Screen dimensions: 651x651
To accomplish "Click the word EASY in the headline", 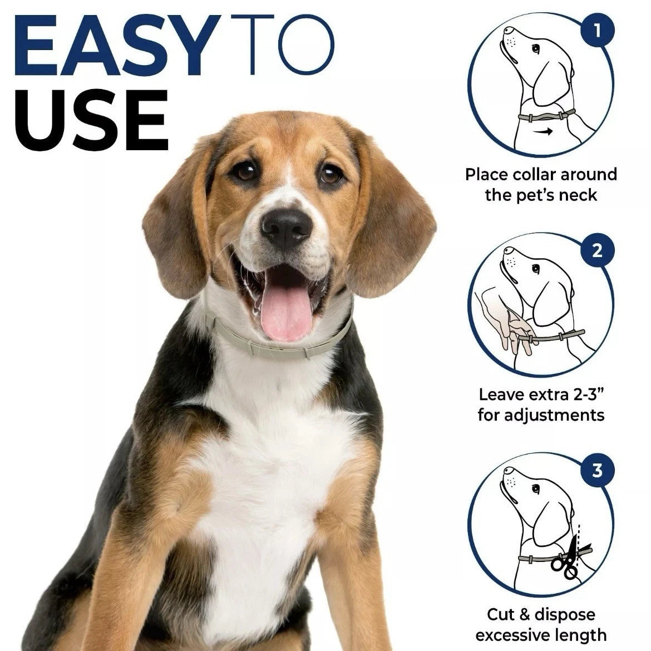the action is (x=117, y=45).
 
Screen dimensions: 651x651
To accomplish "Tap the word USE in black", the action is (x=92, y=120).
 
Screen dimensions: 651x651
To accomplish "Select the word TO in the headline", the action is (x=282, y=45).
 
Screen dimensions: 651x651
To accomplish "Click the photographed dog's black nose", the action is (x=286, y=228).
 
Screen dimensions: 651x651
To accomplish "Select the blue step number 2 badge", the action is (x=597, y=250).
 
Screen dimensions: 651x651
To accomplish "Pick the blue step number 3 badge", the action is (x=597, y=470).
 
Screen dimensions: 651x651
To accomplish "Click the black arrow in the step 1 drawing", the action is (x=543, y=132).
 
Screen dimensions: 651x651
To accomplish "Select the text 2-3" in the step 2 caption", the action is (x=588, y=394).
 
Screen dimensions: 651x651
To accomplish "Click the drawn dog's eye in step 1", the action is (x=536, y=49).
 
